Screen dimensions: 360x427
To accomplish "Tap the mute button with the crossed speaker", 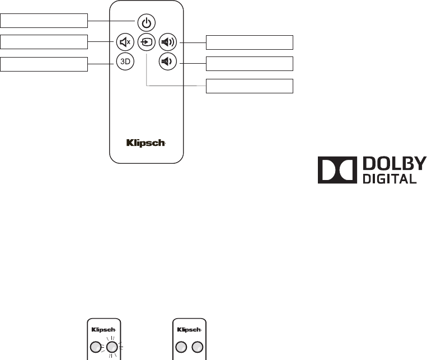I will [x=124, y=41].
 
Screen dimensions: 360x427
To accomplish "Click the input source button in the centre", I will [x=146, y=41].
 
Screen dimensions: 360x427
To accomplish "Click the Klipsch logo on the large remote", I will [x=146, y=143].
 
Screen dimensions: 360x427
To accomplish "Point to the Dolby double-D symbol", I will [x=337, y=170].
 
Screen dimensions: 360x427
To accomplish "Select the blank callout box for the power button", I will [x=44, y=21].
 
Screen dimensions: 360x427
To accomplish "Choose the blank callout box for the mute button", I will [x=44, y=42].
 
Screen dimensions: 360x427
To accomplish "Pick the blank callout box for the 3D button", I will [x=44, y=64].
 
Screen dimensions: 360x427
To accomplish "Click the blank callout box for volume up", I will [x=250, y=42].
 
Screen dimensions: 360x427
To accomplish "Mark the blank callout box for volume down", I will [x=250, y=63].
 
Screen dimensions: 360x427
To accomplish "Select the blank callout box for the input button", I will [x=250, y=86].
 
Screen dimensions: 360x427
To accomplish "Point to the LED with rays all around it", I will [x=112, y=347].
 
